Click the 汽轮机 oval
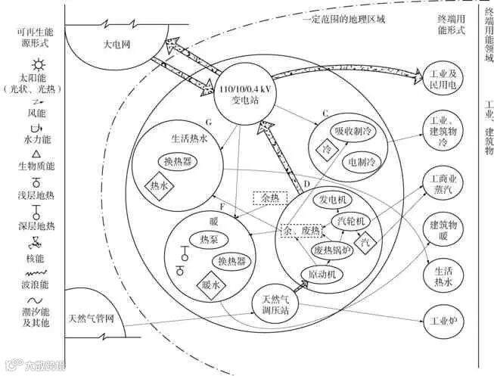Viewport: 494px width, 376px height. pyautogui.click(x=351, y=221)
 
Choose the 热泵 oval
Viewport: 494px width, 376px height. pyautogui.click(x=214, y=241)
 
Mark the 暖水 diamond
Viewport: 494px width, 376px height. pyautogui.click(x=210, y=286)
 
